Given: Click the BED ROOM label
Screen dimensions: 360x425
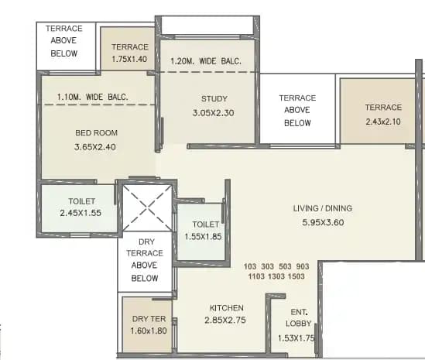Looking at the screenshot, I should [96, 133].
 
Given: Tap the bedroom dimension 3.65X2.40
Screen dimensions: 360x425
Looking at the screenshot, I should [96, 147].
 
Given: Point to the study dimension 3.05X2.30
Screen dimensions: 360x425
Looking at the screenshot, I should [213, 112].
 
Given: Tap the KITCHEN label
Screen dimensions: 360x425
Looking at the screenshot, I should [227, 307].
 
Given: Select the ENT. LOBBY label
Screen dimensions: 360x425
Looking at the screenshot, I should [299, 317].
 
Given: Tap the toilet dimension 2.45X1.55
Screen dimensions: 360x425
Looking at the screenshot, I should [81, 212].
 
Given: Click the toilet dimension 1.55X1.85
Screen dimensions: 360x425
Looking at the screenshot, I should [204, 236].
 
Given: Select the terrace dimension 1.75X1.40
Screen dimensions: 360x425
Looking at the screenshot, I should [129, 59].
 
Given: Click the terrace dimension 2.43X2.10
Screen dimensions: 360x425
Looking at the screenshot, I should [384, 121].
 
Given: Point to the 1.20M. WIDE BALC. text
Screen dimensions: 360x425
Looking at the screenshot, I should [206, 61].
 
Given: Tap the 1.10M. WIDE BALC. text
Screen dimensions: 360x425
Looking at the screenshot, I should [92, 98].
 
